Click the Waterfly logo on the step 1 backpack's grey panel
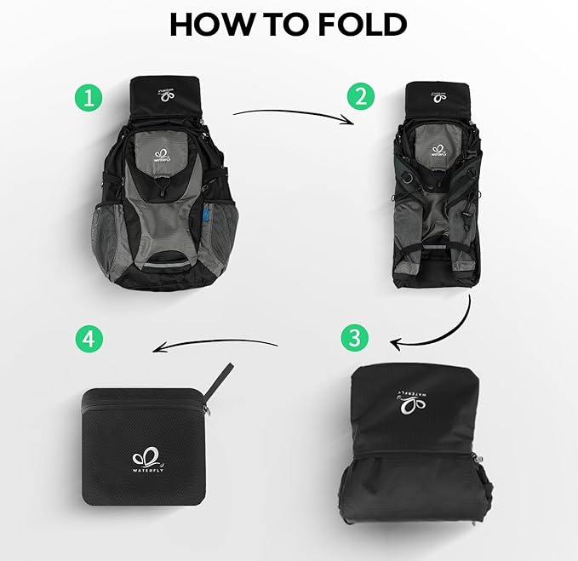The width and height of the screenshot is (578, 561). pyautogui.click(x=165, y=155)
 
